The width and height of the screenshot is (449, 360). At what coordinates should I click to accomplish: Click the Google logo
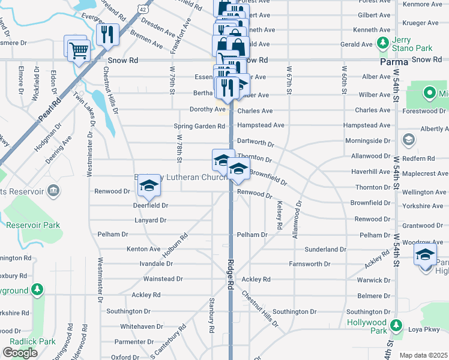20,353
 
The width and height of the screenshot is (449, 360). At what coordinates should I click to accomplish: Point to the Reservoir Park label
33,226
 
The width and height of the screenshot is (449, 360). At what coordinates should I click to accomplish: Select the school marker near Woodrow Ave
425,254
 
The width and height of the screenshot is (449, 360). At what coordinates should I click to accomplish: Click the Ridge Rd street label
229,275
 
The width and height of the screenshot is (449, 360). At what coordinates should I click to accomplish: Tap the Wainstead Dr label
163,279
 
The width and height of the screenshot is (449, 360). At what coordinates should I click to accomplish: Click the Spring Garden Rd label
199,126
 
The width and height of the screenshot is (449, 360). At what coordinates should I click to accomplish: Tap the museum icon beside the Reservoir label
53,191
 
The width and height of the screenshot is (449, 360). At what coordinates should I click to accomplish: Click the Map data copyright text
423,355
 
